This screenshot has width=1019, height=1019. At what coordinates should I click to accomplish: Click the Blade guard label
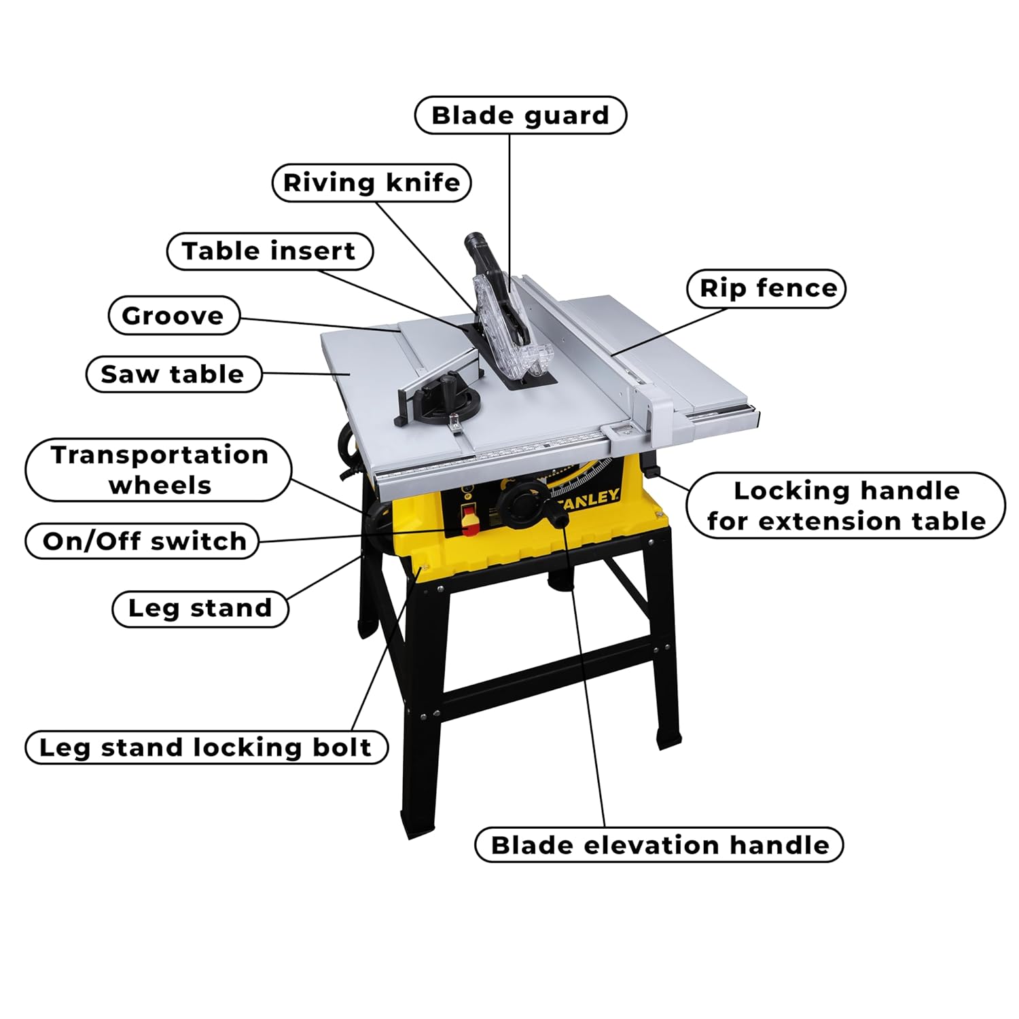520,115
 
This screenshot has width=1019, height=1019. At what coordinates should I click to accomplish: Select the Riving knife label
372,183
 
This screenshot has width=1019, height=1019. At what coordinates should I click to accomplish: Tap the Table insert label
270,251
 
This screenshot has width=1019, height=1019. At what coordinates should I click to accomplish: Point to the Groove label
173,316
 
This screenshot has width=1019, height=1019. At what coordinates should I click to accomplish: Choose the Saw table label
173,374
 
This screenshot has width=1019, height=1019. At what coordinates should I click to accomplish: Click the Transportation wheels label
159,470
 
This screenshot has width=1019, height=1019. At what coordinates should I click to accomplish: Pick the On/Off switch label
143,541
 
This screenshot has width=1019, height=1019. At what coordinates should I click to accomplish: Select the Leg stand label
200,608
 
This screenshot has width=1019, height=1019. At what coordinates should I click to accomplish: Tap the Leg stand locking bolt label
206,747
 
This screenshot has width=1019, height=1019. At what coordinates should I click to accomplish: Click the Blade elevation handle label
659,845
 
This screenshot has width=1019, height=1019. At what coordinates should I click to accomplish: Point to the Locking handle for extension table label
846,506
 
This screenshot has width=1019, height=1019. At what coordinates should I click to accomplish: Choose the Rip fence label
767,289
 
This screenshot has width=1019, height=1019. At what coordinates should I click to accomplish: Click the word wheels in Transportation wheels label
160,486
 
